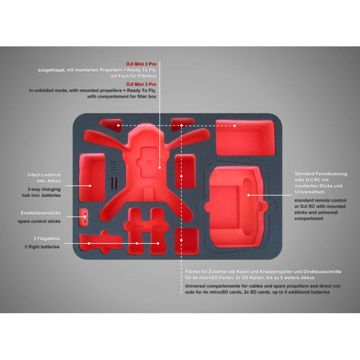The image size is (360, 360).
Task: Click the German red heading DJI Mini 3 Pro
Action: coord(141,64)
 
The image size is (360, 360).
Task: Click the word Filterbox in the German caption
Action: coord(147,76)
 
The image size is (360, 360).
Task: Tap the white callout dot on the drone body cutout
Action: coord(160,167)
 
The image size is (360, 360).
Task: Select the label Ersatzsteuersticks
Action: coord(40,213)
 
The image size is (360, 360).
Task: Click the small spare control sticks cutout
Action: coord(84,217)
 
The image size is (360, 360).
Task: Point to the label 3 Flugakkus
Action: coord(46,238)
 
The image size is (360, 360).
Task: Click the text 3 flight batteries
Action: coord(42,247)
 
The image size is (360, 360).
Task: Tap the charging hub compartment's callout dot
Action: coord(90,186)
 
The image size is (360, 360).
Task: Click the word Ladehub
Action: coord(51,175)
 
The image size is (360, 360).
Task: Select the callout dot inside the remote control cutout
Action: coord(248,195)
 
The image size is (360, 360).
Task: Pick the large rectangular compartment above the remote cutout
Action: coord(245,137)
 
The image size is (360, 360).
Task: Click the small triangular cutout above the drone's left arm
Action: coord(111,125)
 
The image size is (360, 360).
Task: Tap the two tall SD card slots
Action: coord(114,183)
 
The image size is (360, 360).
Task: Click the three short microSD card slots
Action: coord(113,165)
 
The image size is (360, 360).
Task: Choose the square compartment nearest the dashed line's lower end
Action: coord(187,241)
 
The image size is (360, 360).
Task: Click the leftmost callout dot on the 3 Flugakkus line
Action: coord(89,243)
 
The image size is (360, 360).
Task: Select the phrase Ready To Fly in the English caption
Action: coord(141,90)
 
